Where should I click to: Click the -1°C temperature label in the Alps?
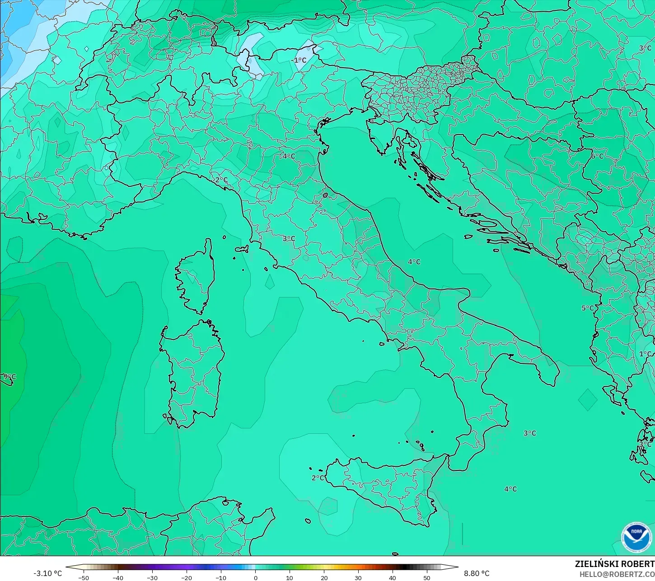(x=299, y=60)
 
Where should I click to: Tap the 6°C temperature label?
(x=597, y=156)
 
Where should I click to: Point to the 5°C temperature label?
(x=587, y=308)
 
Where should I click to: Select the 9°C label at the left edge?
(x=9, y=377)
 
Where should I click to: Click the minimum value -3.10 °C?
(x=47, y=573)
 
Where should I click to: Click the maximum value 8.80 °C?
(x=477, y=573)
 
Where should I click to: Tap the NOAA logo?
(x=636, y=537)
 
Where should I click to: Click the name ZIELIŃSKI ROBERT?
(x=614, y=564)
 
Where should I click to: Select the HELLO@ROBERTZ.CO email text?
(x=617, y=574)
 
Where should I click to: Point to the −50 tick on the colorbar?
(x=84, y=577)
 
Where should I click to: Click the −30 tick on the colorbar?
(x=152, y=577)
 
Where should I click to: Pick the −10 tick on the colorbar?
(x=221, y=577)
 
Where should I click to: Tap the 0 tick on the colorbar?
(x=255, y=577)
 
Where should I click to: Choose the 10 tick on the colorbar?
(x=290, y=577)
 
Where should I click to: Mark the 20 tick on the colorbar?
(x=324, y=577)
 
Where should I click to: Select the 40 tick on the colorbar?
(x=393, y=577)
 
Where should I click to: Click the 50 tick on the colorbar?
(x=427, y=577)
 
